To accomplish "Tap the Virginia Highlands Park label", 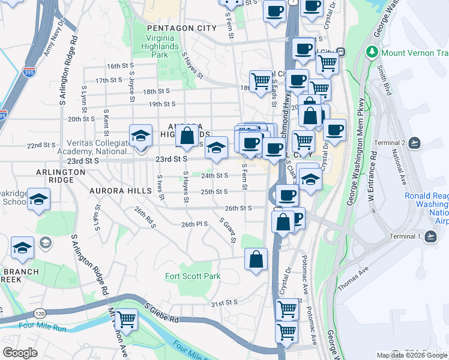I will [160, 46].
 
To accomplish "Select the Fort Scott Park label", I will [193, 277].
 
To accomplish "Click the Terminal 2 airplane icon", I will [415, 143].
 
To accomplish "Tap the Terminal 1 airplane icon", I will [429, 236].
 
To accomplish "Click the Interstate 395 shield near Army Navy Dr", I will [28, 73].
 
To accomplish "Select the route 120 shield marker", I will [39, 313].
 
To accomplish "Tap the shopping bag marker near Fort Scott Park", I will [256, 260].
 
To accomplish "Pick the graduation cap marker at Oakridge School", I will [38, 200].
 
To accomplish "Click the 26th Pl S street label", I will [194, 224].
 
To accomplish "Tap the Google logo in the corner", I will [20, 353].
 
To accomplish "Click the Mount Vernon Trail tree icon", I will [372, 52].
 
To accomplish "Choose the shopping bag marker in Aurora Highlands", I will [187, 137].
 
